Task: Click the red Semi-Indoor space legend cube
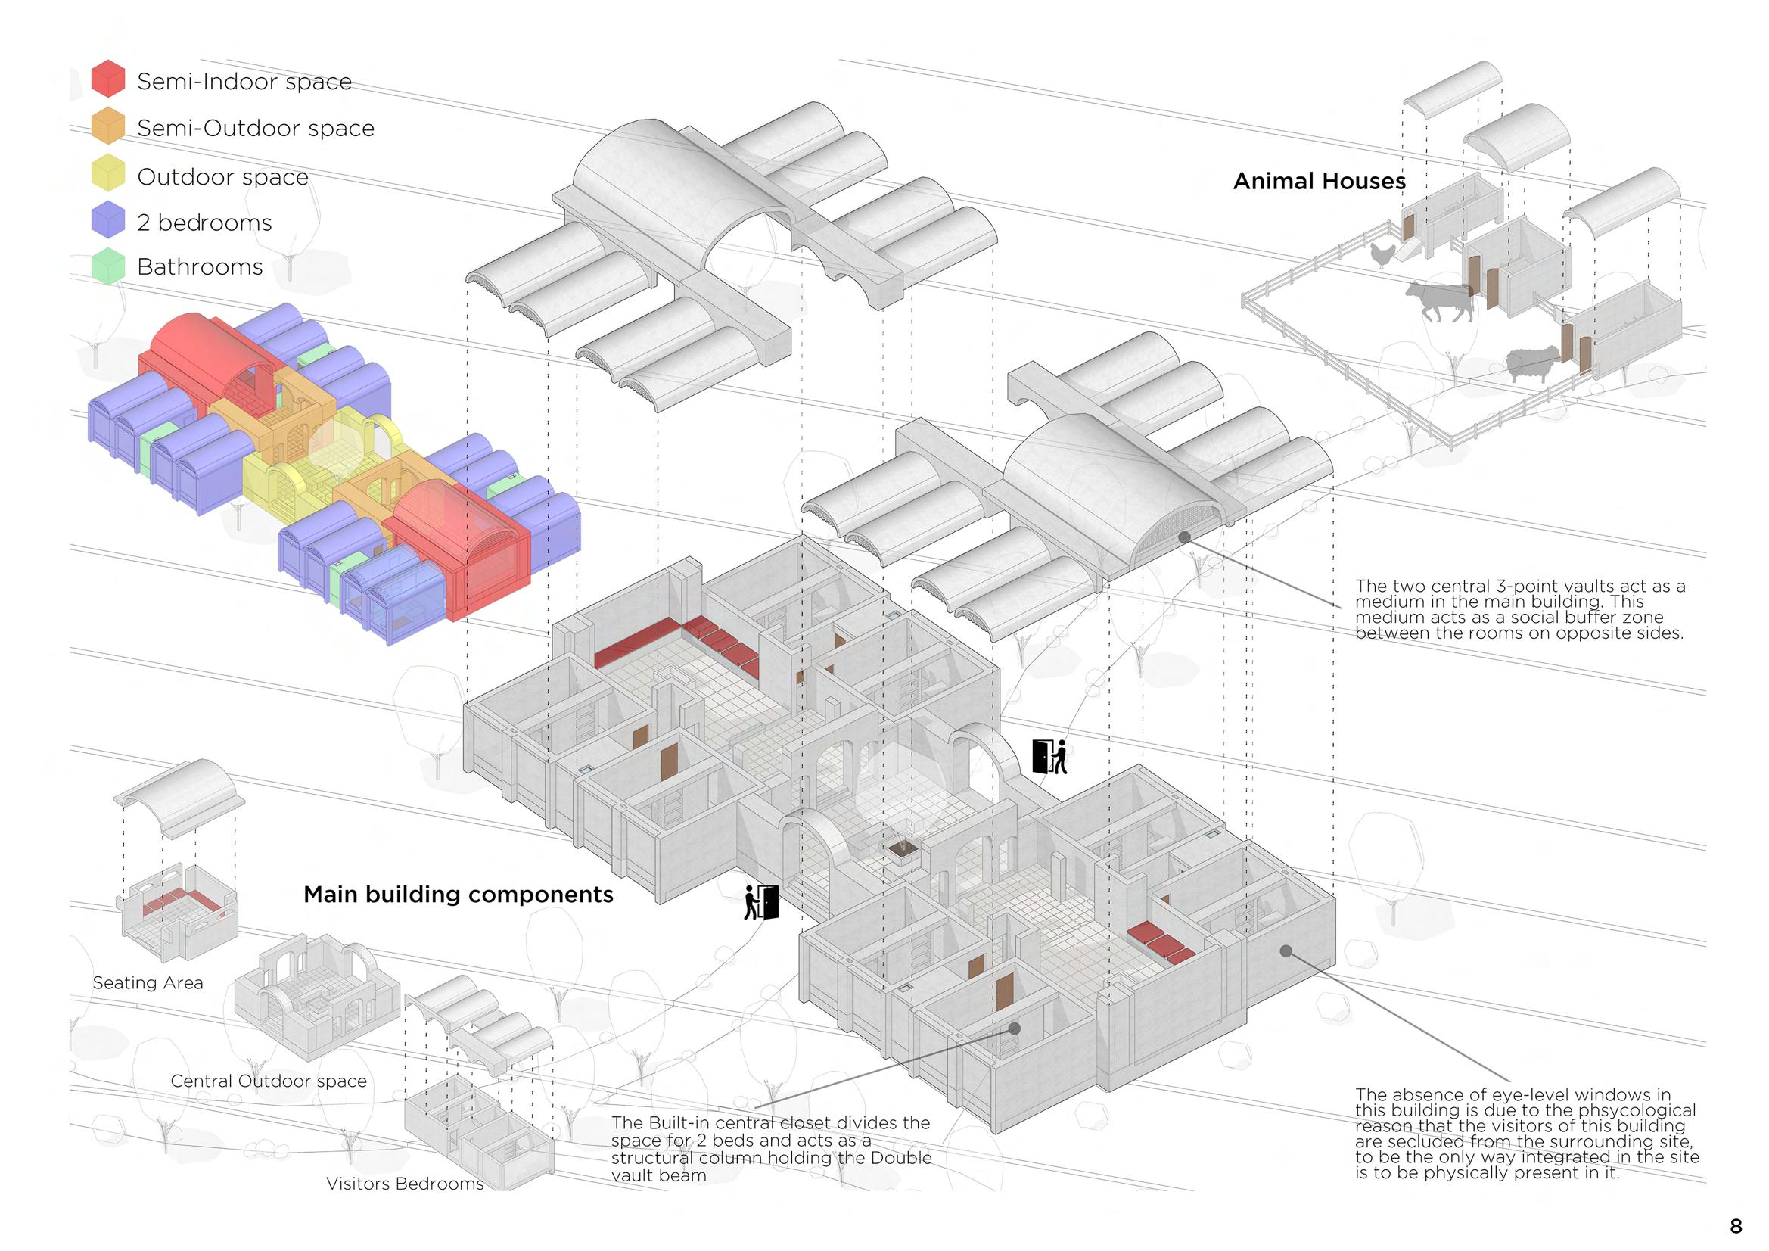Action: (x=108, y=78)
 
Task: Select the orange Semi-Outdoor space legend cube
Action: (x=108, y=126)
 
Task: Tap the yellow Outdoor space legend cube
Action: (x=108, y=173)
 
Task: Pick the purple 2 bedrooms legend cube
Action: (x=108, y=219)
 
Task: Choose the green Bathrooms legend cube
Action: (x=108, y=265)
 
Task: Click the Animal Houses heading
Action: (x=1319, y=181)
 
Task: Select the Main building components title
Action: (x=459, y=894)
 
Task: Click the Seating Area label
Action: (x=148, y=983)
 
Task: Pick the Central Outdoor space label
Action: (x=268, y=1081)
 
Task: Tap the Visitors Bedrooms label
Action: (x=405, y=1183)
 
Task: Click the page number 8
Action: (x=1736, y=1226)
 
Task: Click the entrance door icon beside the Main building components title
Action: (x=761, y=903)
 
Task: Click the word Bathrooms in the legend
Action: (x=200, y=266)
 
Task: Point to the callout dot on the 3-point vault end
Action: (x=1184, y=537)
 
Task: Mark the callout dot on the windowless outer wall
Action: (x=1286, y=951)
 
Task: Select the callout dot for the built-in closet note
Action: (x=1015, y=1028)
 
